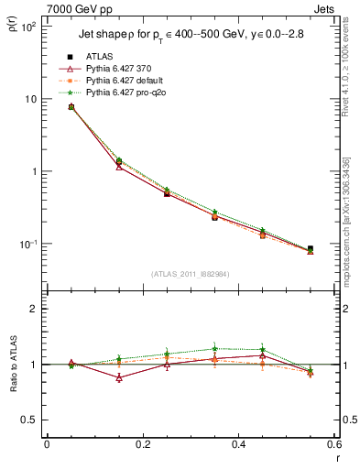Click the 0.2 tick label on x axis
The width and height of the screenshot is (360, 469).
[142, 444]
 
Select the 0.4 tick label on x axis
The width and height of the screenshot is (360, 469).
[238, 444]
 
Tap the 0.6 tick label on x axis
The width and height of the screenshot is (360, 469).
[333, 444]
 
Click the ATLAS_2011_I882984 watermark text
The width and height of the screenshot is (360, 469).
[190, 274]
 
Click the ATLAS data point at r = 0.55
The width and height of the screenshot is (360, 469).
[311, 248]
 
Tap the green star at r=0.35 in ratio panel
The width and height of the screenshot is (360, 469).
[214, 348]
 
